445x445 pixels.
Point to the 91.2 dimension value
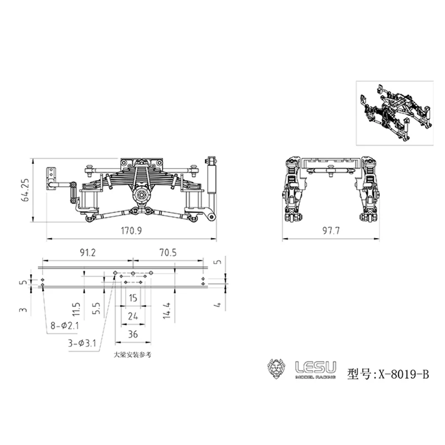pos(87,253)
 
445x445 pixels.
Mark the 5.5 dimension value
pos(97,308)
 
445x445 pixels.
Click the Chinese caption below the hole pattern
pos(132,354)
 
